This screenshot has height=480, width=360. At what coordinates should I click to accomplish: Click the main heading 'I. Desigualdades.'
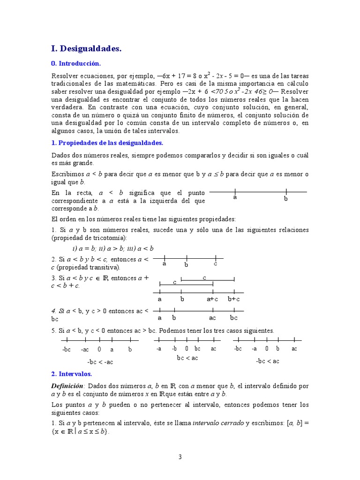tap(86, 48)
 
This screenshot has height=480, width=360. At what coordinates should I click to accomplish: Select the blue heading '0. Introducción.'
tap(75, 63)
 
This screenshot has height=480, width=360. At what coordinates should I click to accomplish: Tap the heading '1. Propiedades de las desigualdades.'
tap(107, 143)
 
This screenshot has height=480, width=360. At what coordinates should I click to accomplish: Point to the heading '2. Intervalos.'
tap(72, 374)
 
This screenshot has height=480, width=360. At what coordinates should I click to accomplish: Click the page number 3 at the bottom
tap(180, 457)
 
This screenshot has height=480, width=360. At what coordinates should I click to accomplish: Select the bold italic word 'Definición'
tap(67, 386)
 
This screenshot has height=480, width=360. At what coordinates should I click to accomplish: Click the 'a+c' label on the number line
tap(212, 299)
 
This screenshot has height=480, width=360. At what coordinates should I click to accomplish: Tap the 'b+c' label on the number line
tap(234, 299)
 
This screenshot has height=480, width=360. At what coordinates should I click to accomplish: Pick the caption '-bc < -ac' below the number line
tap(100, 362)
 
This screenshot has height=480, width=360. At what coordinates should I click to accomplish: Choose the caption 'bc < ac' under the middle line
tap(187, 358)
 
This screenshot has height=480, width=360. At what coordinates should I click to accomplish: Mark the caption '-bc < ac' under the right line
tap(268, 361)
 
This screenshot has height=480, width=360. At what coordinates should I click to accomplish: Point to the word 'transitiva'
tap(104, 267)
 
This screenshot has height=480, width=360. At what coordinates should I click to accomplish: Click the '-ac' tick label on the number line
tap(85, 350)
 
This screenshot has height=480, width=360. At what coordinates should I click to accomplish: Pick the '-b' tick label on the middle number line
tap(174, 349)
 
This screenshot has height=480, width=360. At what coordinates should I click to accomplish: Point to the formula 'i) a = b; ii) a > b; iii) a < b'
tap(113, 248)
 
